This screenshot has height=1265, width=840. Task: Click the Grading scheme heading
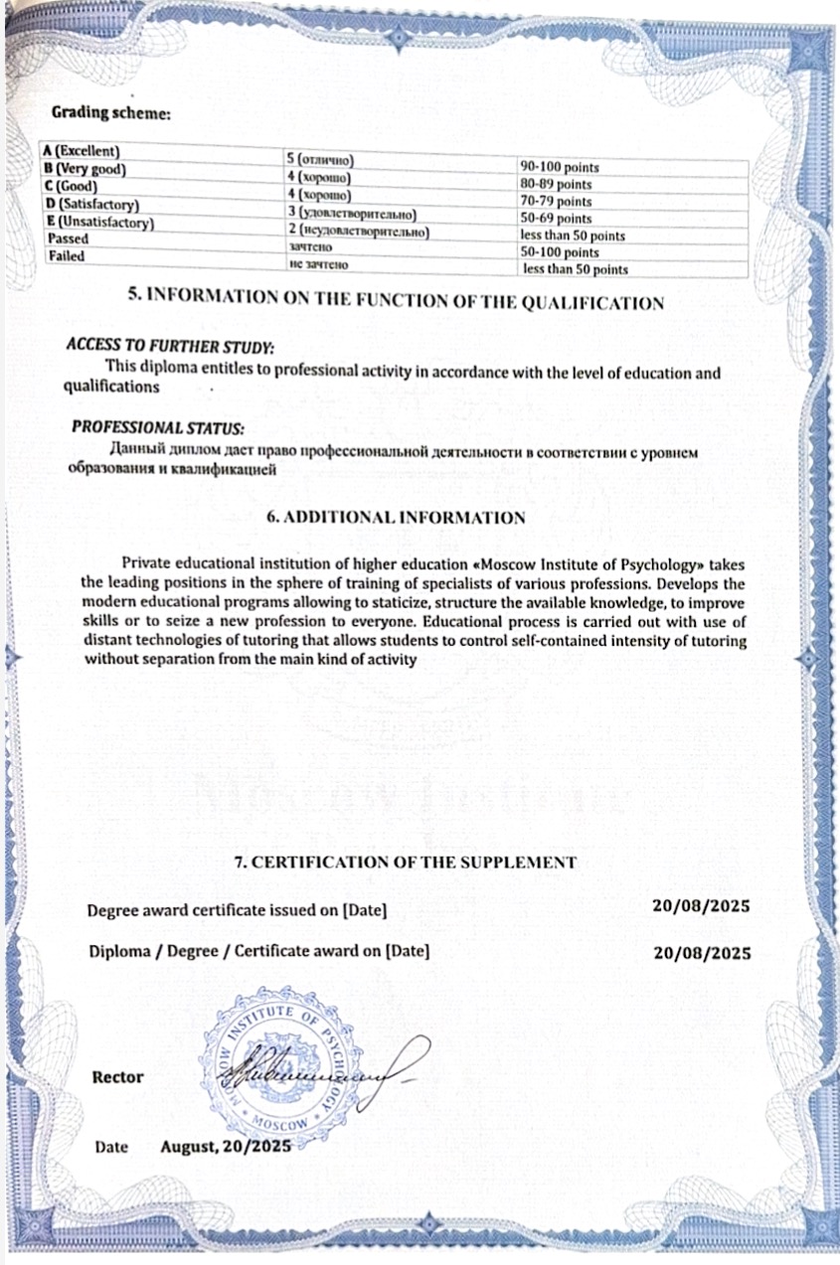(111, 113)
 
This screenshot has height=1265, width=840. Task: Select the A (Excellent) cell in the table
(81, 151)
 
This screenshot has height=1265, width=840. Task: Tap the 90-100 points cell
(560, 167)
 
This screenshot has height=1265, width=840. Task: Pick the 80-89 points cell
(557, 184)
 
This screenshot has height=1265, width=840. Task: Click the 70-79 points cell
(557, 201)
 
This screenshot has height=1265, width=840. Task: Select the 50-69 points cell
(557, 219)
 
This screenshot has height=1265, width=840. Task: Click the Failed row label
(67, 256)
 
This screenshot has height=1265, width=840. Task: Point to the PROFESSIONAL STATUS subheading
(157, 428)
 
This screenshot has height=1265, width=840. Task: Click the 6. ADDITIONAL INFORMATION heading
(398, 518)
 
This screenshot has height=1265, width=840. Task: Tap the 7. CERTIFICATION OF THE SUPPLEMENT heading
(405, 863)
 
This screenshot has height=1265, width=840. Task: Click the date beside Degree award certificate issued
(701, 905)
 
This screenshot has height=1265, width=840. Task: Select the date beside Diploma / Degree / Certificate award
(702, 951)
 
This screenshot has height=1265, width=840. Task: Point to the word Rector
(117, 1077)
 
